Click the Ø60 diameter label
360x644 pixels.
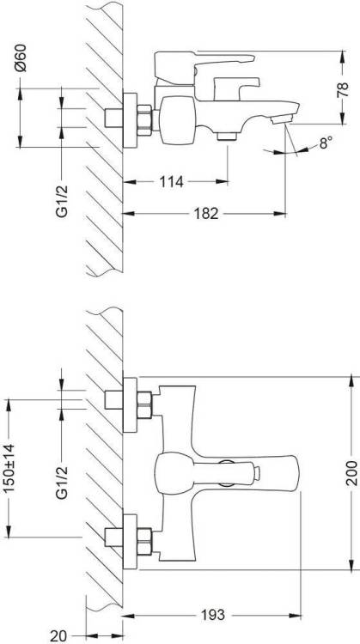(21, 58)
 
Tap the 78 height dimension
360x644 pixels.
(342, 89)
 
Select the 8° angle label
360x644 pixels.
(326, 143)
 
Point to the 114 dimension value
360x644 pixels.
(171, 181)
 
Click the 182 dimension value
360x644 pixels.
(206, 214)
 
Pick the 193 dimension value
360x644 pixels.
(213, 615)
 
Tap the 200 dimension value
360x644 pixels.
(351, 473)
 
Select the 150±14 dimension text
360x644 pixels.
(9, 469)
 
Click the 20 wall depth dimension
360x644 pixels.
(58, 636)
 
